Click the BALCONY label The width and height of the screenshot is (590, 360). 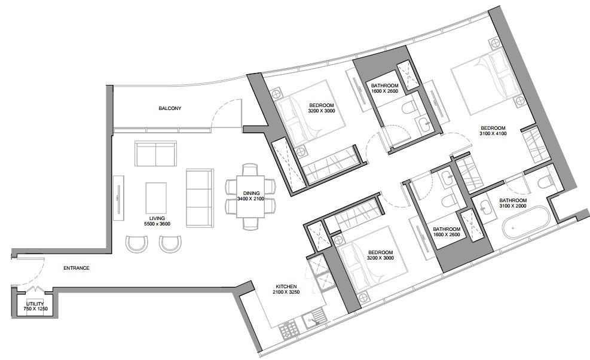click(x=170, y=108)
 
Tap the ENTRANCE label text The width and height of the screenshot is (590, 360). click(x=77, y=268)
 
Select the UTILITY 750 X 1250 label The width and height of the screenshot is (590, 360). click(x=35, y=306)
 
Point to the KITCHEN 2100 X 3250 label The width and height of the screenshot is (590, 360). click(x=286, y=289)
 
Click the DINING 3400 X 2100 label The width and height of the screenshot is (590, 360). click(x=250, y=196)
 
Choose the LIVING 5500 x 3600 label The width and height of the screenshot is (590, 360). click(x=157, y=221)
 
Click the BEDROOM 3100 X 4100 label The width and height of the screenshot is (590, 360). click(x=493, y=131)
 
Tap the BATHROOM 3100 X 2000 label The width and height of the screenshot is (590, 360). click(x=513, y=203)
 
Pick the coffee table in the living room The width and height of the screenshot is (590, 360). click(x=156, y=198)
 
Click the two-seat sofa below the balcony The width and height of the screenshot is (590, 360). click(x=156, y=154)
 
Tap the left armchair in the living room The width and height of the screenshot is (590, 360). click(x=135, y=243)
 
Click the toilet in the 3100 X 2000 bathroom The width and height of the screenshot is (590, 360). click(x=544, y=182)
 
